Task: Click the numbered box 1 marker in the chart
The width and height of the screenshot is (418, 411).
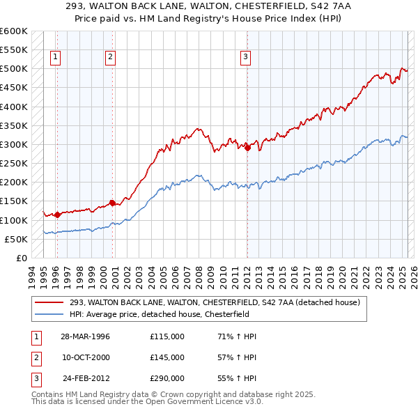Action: click(55, 58)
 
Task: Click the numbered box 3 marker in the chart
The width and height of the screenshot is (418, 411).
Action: click(246, 58)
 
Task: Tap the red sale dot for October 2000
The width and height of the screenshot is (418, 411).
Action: click(112, 203)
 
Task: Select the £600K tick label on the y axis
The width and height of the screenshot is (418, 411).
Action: click(14, 31)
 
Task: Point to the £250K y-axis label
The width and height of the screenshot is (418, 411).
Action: click(14, 163)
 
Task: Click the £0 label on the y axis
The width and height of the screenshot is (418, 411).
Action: click(21, 258)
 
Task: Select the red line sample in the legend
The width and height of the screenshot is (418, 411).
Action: click(49, 302)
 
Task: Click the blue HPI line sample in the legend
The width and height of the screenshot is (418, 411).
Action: click(49, 314)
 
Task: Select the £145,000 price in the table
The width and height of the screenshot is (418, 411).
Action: click(167, 357)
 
